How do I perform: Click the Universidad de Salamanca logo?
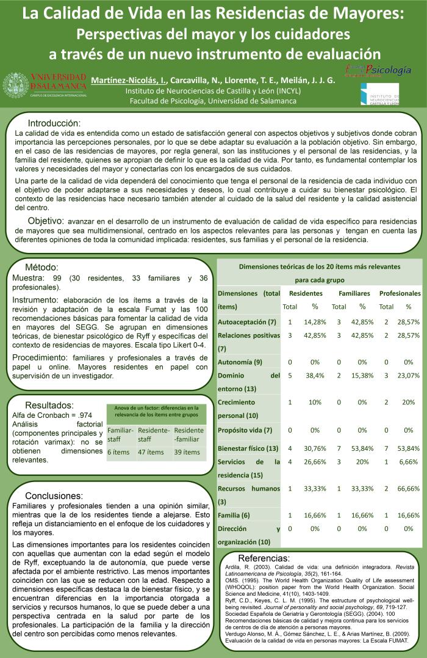(x=45, y=86)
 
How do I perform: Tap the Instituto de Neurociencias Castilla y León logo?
(x=379, y=95)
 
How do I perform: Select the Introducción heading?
(x=54, y=122)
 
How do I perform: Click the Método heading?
(x=41, y=268)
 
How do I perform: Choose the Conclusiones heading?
(x=54, y=495)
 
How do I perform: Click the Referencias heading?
(x=264, y=558)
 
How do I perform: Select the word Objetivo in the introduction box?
(x=46, y=221)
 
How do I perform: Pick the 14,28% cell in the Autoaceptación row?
(x=315, y=321)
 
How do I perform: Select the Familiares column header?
(x=354, y=293)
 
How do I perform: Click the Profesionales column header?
(x=400, y=293)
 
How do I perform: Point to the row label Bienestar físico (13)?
(x=248, y=449)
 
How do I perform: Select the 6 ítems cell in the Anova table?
(x=119, y=452)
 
